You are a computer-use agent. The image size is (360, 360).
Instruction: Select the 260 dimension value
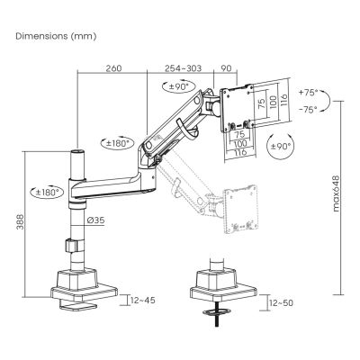[x=112, y=68]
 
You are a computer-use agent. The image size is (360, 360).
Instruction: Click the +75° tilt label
[x=309, y=94]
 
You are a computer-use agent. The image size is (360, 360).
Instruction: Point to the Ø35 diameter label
[x=97, y=218]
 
